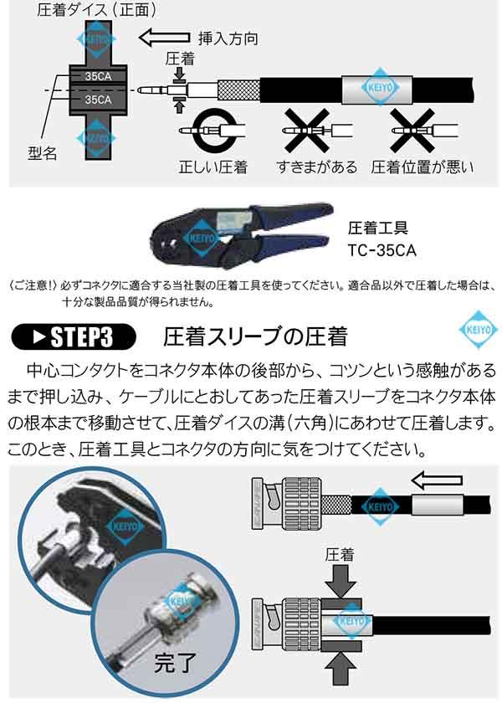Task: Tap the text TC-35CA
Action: point(382,249)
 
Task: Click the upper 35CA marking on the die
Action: point(95,78)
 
